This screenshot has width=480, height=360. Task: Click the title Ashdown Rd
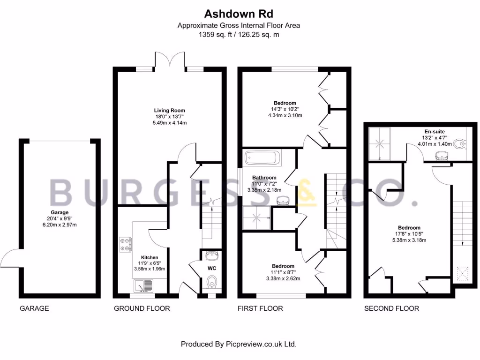pyautogui.click(x=238, y=13)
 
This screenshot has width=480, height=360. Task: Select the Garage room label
pyautogui.click(x=60, y=212)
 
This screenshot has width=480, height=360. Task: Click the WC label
pyautogui.click(x=211, y=268)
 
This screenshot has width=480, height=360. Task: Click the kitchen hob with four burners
pyautogui.click(x=125, y=243)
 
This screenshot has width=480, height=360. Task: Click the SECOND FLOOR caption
pyautogui.click(x=391, y=308)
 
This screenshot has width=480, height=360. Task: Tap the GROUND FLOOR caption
pyautogui.click(x=142, y=308)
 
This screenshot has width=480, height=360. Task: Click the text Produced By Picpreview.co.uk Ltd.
pyautogui.click(x=239, y=344)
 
